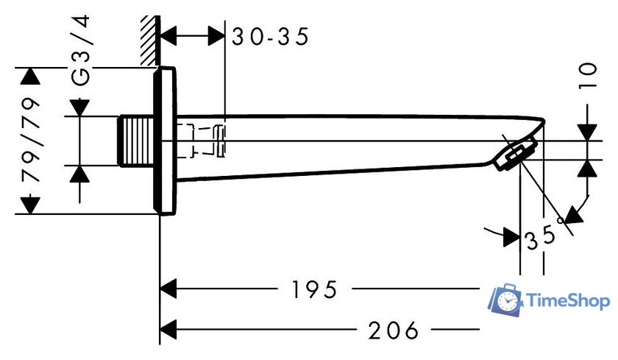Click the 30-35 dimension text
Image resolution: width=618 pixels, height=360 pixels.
click(270, 37)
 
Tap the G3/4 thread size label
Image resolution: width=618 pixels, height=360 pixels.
click(81, 51)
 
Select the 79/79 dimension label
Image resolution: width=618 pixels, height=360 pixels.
click(31, 140)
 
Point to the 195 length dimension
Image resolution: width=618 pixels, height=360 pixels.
click(314, 289)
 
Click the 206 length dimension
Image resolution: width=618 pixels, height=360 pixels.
click(393, 331)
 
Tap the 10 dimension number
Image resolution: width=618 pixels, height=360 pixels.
click(588, 76)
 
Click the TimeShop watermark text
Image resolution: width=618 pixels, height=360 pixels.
click(568, 301)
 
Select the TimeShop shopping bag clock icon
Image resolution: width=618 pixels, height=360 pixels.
click(505, 300)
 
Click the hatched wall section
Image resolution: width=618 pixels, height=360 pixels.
click(150, 40)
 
